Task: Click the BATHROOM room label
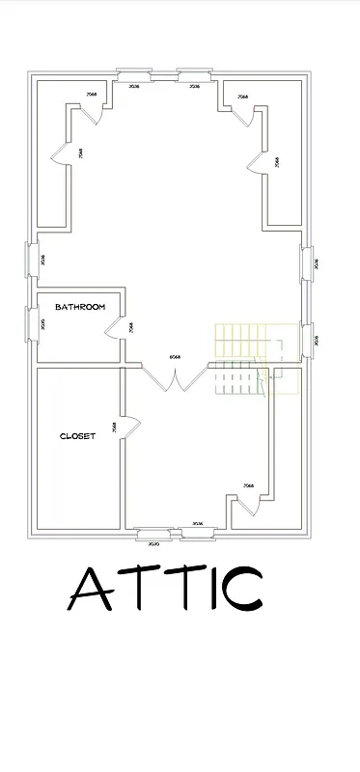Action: click(x=79, y=307)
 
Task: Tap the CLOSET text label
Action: click(x=77, y=436)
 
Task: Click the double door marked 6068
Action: click(x=175, y=377)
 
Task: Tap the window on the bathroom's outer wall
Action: click(x=28, y=323)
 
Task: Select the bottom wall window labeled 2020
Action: click(x=154, y=533)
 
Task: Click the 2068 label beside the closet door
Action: click(x=114, y=427)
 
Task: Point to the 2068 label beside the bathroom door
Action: click(x=130, y=328)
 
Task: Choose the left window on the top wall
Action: click(x=133, y=73)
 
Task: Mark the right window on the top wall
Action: click(x=194, y=73)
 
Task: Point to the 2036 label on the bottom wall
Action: click(x=198, y=524)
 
